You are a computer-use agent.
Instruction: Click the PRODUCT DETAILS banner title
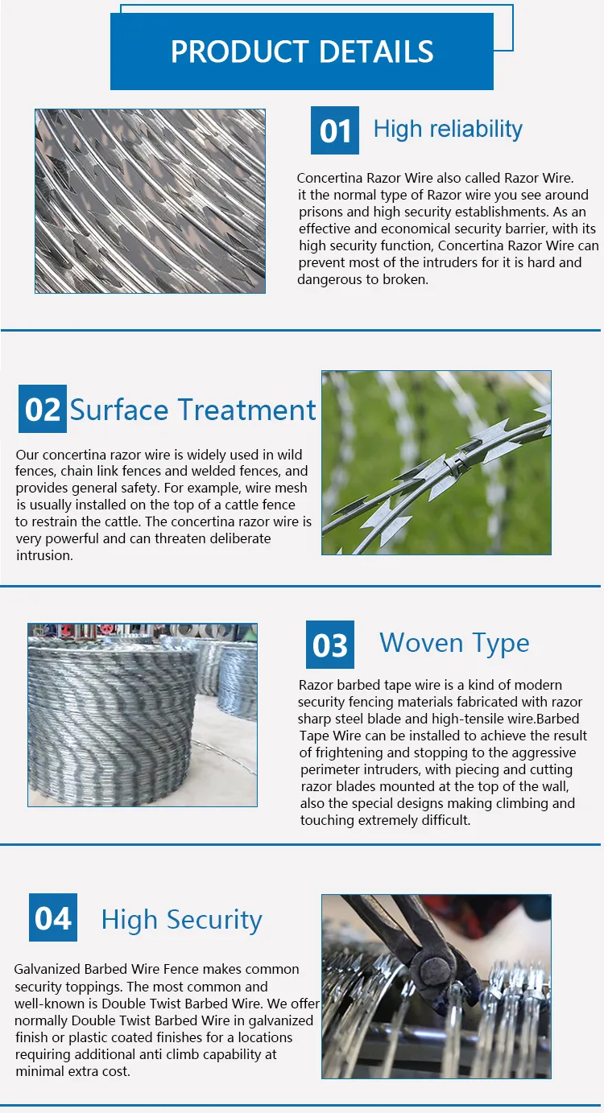point(302,52)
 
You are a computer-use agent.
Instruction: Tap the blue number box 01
point(335,130)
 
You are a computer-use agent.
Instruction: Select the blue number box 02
point(42,409)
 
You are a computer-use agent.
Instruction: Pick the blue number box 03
point(329,645)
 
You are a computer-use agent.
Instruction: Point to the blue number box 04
point(53,917)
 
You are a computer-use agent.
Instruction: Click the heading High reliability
point(448,129)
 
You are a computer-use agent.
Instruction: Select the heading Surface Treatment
point(193,410)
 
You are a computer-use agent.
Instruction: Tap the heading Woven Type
point(454,643)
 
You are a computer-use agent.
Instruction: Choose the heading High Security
point(181,919)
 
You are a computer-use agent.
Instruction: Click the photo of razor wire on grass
point(436,462)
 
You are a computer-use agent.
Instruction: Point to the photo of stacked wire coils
point(143,715)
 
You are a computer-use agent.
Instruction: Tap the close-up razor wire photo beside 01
point(150,201)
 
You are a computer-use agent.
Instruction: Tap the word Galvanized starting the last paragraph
point(48,969)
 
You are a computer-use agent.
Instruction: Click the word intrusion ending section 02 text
point(44,555)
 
